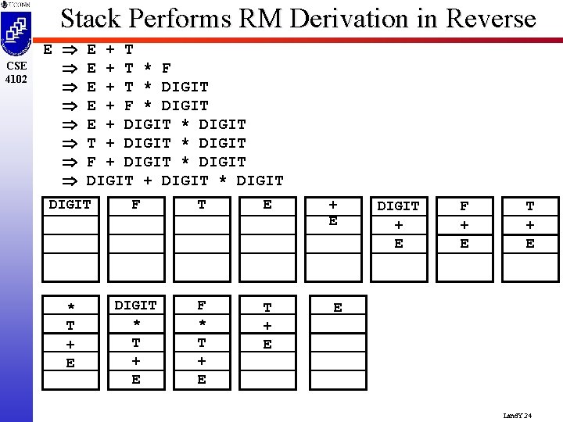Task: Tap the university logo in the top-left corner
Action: pos(16,30)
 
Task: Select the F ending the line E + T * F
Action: pos(167,68)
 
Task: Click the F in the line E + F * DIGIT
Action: pos(128,105)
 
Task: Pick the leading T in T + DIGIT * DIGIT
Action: pos(91,143)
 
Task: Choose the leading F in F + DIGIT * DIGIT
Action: pos(91,162)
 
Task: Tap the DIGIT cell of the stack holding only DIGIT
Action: pos(70,205)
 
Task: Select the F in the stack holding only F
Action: pos(136,205)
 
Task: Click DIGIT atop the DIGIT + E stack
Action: pos(399,206)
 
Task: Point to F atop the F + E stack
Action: pos(464,206)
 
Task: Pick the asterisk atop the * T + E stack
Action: pos(70,307)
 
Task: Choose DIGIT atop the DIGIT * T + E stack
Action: pos(136,305)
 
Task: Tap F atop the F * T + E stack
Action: pos(202,305)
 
